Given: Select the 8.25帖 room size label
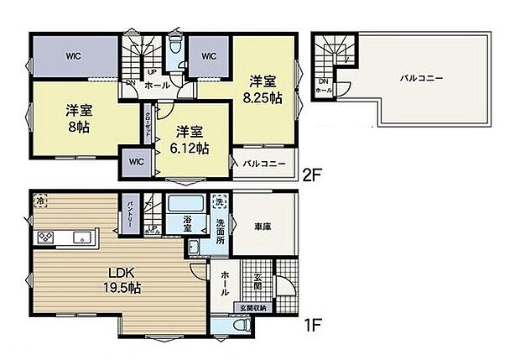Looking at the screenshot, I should [264, 98].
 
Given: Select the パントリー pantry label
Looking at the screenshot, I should [131, 211].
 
